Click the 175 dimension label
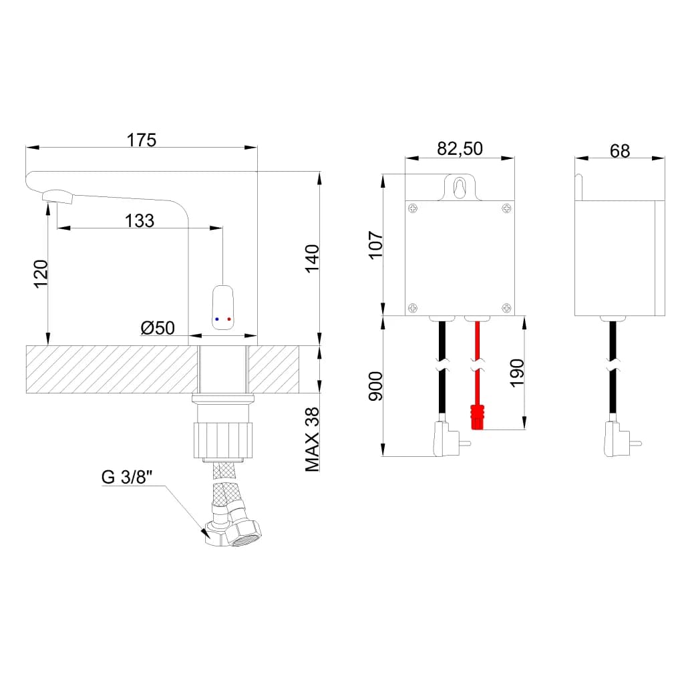[142, 140]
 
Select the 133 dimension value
[140, 220]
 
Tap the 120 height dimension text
[41, 274]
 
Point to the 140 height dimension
[313, 259]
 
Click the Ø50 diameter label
[158, 328]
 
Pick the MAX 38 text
[313, 440]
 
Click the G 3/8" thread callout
[127, 477]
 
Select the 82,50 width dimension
[460, 149]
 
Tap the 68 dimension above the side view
[620, 151]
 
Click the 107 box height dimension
[375, 245]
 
